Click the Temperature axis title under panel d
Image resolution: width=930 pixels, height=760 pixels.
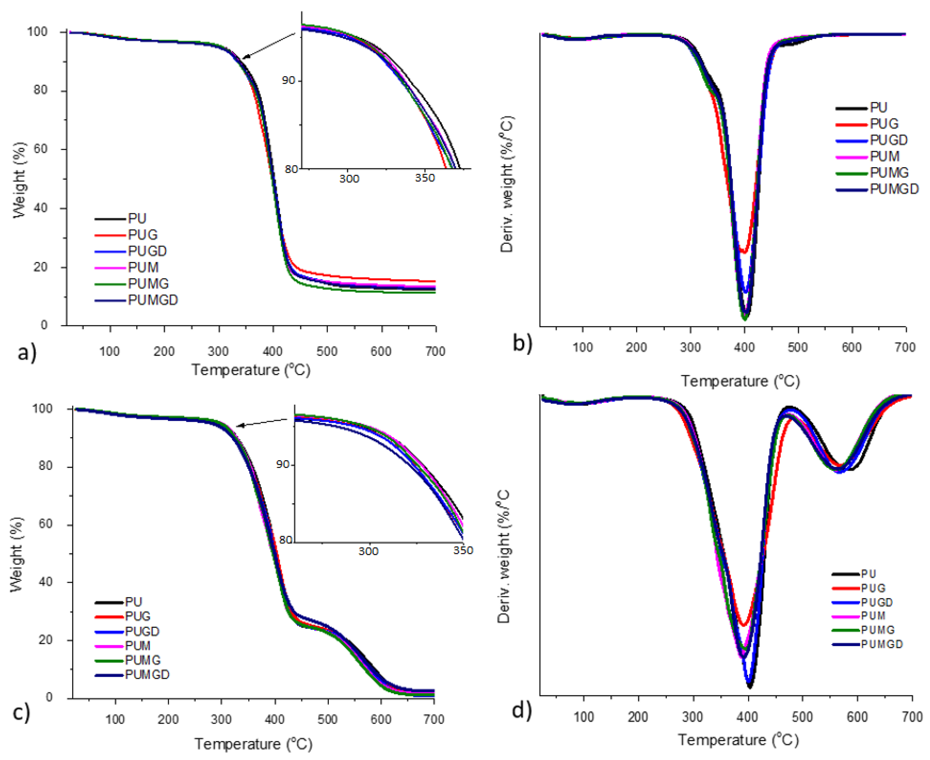[x=739, y=740]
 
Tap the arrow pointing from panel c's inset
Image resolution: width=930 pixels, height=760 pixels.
[x=261, y=422]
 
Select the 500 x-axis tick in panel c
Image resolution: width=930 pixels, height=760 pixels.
[x=327, y=719]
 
